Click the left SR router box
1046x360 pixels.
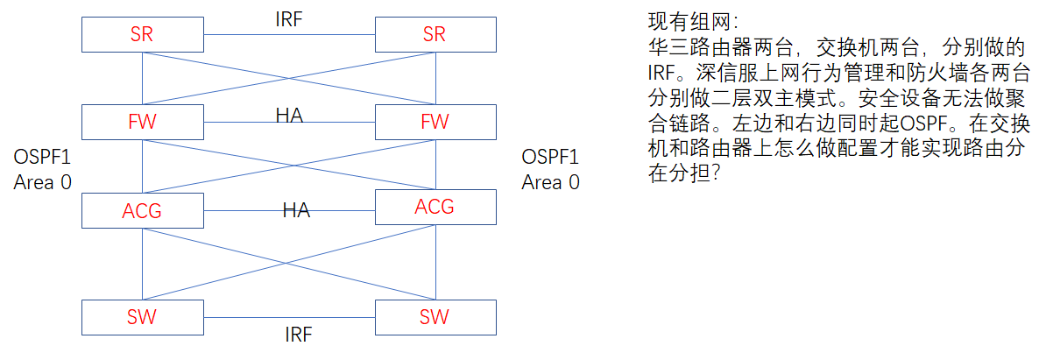click(x=142, y=34)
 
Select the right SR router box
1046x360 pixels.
click(x=435, y=34)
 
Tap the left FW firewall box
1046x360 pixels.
click(x=142, y=121)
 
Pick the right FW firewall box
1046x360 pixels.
click(x=435, y=121)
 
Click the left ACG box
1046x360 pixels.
click(x=142, y=210)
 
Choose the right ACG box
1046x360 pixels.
click(x=435, y=207)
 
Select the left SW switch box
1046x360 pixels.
click(x=142, y=316)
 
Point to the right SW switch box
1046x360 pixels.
click(x=435, y=316)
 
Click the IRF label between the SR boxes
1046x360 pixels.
click(x=288, y=20)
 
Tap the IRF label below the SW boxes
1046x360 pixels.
click(x=298, y=334)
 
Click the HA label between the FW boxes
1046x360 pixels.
click(x=289, y=115)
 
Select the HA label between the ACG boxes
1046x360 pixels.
click(x=296, y=209)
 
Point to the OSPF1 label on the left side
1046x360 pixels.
click(x=43, y=158)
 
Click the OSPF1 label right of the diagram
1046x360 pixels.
click(x=550, y=158)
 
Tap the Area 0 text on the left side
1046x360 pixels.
click(x=43, y=182)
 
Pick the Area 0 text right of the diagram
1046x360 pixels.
click(x=550, y=182)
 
